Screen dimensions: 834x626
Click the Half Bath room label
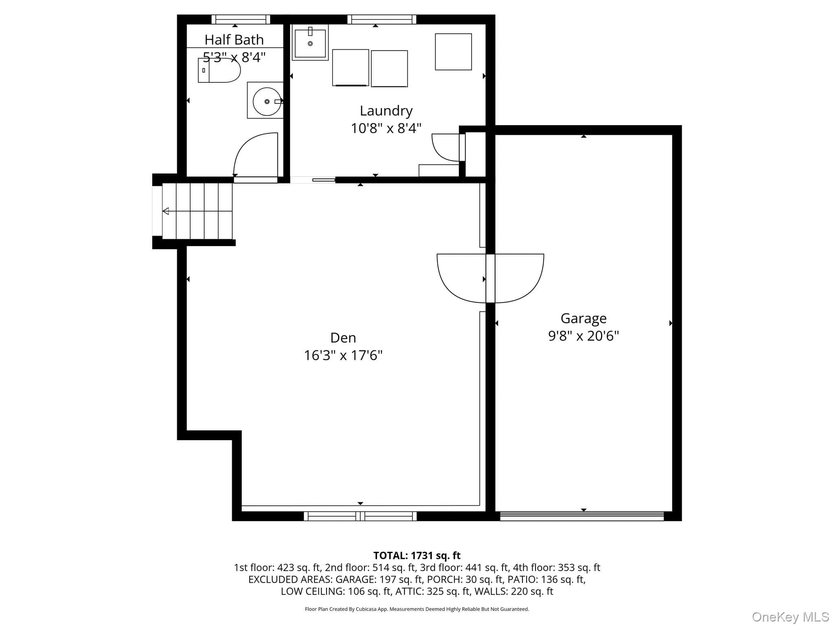[234, 40]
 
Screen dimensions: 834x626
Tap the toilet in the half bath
[219, 70]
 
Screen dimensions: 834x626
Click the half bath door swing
[255, 154]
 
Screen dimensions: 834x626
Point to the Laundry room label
[386, 111]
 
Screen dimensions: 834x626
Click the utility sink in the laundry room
[310, 42]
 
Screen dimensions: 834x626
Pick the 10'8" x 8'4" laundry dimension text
[386, 128]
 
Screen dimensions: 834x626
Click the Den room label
[343, 337]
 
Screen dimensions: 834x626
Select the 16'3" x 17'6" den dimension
[343, 355]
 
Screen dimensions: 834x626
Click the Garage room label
[584, 318]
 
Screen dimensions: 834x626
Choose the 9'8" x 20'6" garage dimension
[584, 336]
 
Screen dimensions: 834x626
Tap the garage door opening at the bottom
[582, 516]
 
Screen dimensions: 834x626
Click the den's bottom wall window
[360, 516]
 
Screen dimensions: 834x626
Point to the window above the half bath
[241, 19]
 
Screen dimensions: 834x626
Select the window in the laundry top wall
[382, 19]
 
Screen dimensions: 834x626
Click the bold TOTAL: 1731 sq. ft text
[417, 555]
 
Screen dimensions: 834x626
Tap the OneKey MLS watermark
[790, 617]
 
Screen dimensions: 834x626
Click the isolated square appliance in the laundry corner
[453, 52]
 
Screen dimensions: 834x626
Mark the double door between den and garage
[490, 278]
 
